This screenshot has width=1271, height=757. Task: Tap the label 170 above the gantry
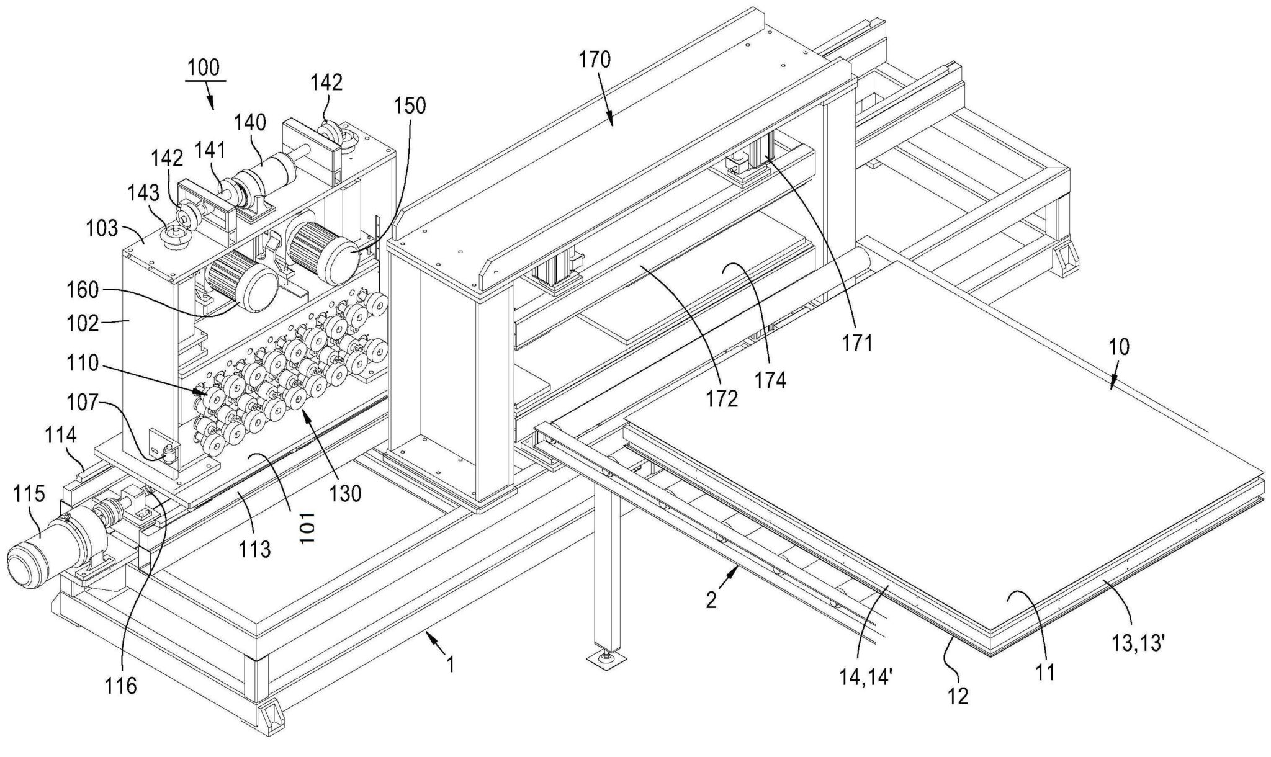tap(595, 60)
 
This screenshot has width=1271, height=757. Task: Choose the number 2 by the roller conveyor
tap(712, 599)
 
